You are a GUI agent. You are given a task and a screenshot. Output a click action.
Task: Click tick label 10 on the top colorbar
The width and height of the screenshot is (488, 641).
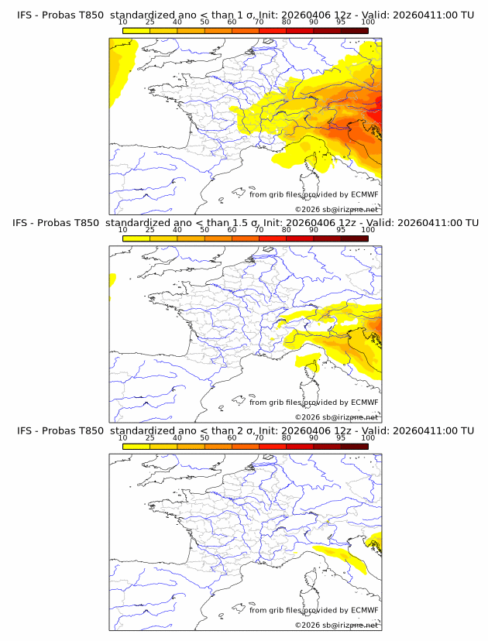coord(122,22)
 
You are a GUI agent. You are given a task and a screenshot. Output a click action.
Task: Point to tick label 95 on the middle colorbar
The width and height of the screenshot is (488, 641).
coord(341,230)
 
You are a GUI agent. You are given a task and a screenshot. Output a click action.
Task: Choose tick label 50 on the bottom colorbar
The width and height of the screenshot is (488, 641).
coord(204,437)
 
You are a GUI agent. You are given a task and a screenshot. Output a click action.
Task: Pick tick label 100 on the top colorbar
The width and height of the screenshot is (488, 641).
coord(368,22)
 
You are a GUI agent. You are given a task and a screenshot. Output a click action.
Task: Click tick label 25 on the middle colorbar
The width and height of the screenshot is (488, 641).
coord(149,230)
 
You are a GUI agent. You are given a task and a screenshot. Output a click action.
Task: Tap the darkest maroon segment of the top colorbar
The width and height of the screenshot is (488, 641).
coord(354,31)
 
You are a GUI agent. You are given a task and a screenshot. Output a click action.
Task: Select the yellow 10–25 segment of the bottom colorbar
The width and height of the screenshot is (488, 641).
coord(136,447)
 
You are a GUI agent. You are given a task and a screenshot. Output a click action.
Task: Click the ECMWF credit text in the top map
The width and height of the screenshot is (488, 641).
coord(314,194)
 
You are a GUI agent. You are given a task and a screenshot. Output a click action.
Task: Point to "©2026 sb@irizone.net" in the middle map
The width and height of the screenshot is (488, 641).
coord(336,417)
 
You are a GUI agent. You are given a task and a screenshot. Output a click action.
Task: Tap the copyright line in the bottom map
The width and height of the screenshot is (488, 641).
coord(336,625)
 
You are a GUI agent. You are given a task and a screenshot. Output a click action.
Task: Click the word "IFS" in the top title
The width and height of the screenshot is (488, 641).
coord(25,15)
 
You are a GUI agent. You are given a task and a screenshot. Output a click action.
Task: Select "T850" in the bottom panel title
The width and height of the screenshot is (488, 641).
coord(88,430)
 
